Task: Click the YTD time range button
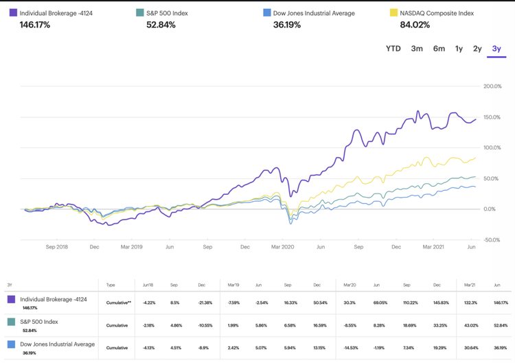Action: tap(393, 49)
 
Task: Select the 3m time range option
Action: tap(417, 49)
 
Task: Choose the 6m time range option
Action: tap(439, 49)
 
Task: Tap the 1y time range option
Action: tap(459, 49)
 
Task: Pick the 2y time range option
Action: tap(477, 49)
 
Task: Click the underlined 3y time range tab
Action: tap(496, 49)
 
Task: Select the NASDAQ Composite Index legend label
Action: tap(440, 13)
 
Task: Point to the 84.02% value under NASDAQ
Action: tap(415, 25)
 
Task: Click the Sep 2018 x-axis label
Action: tap(57, 246)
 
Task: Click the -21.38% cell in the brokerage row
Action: tap(205, 301)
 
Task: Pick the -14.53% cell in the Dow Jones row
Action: tap(349, 347)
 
